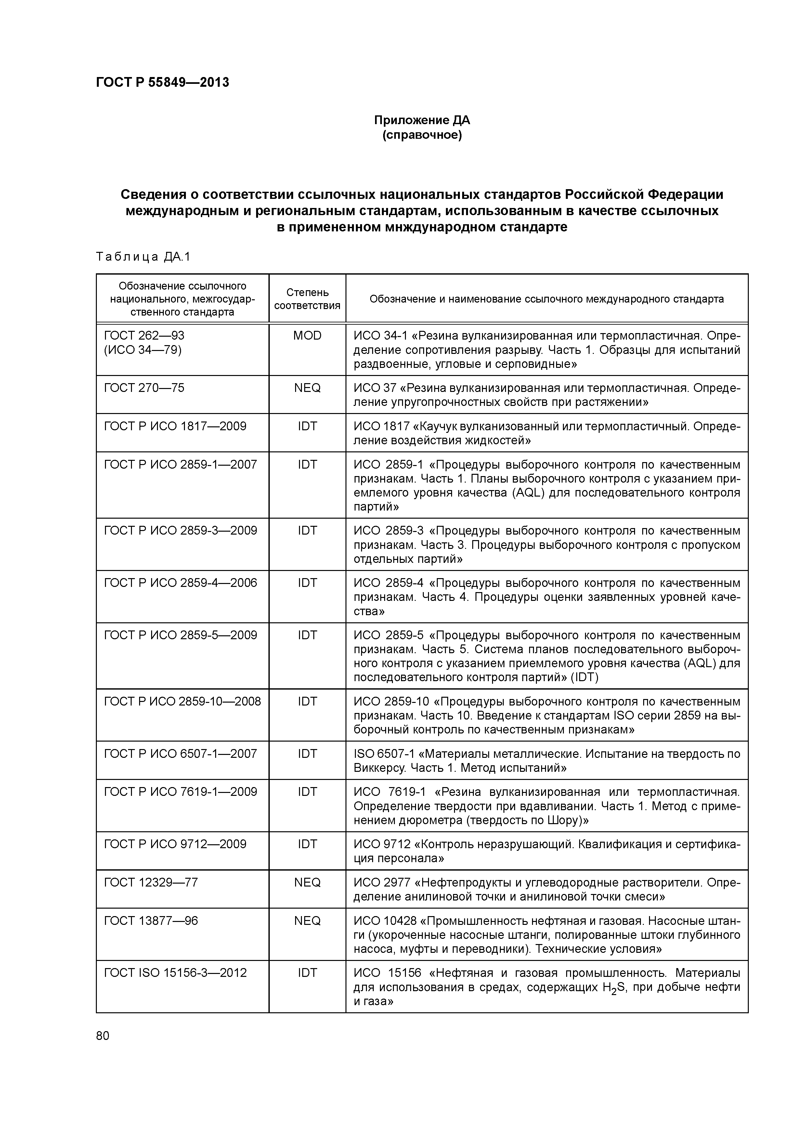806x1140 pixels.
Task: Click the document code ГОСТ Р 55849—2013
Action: click(x=162, y=83)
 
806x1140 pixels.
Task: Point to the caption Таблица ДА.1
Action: click(x=143, y=257)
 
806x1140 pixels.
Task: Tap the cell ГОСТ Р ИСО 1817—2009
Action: click(x=175, y=426)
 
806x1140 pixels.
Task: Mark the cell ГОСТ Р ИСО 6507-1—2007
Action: click(x=180, y=754)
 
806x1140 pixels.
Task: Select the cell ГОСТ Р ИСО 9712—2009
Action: click(x=175, y=844)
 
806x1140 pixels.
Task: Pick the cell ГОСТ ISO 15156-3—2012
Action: click(x=175, y=973)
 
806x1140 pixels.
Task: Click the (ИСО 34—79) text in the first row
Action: click(x=143, y=350)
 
